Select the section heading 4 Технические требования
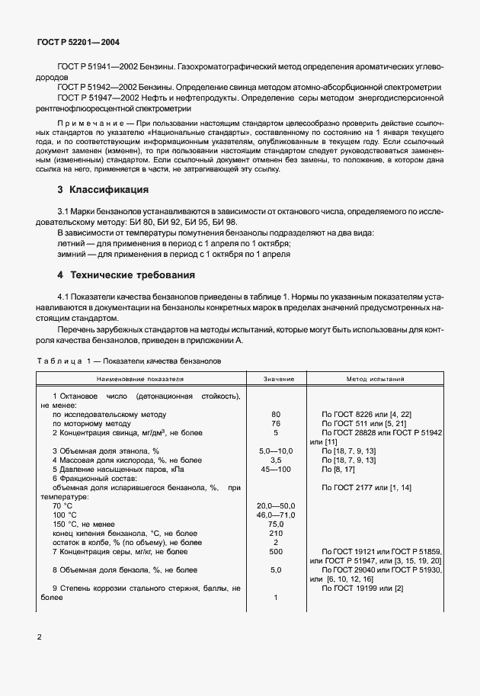coord(126,274)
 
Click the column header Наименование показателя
coord(140,378)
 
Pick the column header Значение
coord(276,378)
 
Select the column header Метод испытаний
coord(379,378)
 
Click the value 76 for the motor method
coord(276,422)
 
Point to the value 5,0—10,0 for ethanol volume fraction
coord(276,452)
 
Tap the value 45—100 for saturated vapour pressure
coord(276,470)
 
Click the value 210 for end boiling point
coord(276,533)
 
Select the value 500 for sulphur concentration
coord(276,551)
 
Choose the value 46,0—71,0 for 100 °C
coord(276,515)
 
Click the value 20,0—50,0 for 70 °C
coord(276,506)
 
